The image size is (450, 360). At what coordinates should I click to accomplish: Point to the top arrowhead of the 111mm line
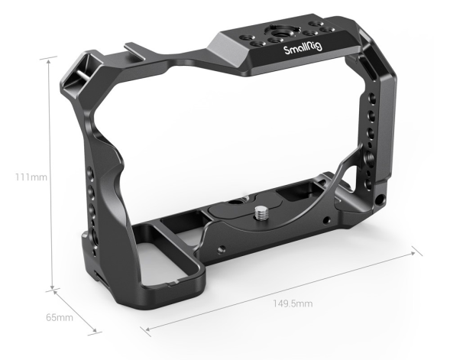[x=52, y=57]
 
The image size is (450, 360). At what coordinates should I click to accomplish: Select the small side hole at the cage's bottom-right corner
[x=380, y=202]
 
